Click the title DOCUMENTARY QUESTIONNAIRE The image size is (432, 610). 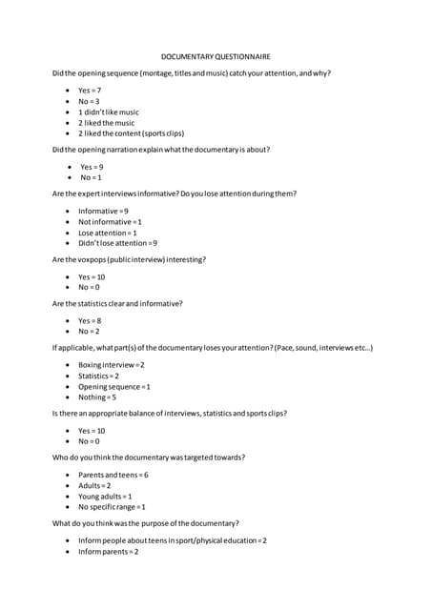pyautogui.click(x=216, y=56)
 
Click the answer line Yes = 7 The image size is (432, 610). pyautogui.click(x=90, y=90)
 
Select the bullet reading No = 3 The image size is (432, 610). pyautogui.click(x=89, y=101)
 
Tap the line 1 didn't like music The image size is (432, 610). pyautogui.click(x=108, y=112)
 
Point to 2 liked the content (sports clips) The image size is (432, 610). pyautogui.click(x=119, y=133)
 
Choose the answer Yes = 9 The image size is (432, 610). pyautogui.click(x=92, y=167)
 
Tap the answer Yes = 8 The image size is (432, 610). pyautogui.click(x=90, y=320)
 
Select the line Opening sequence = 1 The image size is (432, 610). pyautogui.click(x=113, y=386)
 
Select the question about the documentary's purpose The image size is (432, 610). pyautogui.click(x=145, y=523)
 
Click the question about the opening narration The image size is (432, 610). pyautogui.click(x=161, y=150)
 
